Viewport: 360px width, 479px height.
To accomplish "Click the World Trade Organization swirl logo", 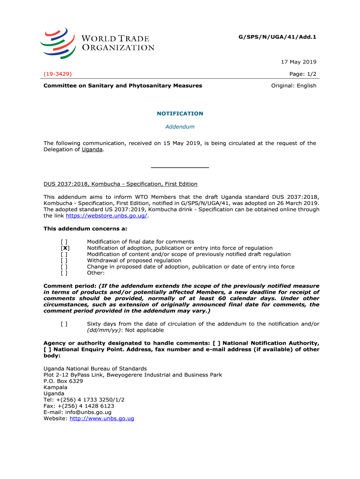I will (58, 43).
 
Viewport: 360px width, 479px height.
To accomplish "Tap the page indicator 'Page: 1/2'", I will (303, 74).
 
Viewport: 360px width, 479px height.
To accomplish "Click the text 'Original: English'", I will (294, 86).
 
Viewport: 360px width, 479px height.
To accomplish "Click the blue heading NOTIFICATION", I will (180, 114).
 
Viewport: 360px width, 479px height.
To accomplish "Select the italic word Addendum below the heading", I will (180, 127).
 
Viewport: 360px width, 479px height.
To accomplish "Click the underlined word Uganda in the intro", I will (92, 150).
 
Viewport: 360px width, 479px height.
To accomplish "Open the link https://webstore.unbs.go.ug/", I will (107, 216).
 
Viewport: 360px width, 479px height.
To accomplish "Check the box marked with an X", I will (65, 248).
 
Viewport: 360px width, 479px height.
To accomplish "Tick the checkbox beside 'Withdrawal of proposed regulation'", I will (64, 261).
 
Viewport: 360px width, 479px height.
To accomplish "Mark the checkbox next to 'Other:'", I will (64, 273).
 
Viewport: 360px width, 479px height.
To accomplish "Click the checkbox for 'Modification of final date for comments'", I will (64, 242).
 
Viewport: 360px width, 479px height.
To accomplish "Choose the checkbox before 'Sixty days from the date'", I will (64, 324).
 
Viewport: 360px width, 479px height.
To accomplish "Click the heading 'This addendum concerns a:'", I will (85, 229).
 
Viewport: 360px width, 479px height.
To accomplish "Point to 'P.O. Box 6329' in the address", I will (63, 381).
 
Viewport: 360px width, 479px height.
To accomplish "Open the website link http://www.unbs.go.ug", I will (102, 419).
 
